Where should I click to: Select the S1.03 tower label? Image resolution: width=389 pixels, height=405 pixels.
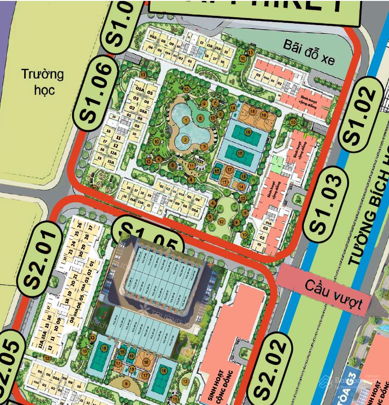[325, 198]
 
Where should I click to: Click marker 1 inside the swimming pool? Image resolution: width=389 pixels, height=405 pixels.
[186, 120]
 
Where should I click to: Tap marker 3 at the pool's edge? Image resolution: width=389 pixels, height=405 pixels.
[205, 146]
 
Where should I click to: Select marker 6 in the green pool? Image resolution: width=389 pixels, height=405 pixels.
[200, 118]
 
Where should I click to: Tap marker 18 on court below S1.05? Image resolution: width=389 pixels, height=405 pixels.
[146, 362]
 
